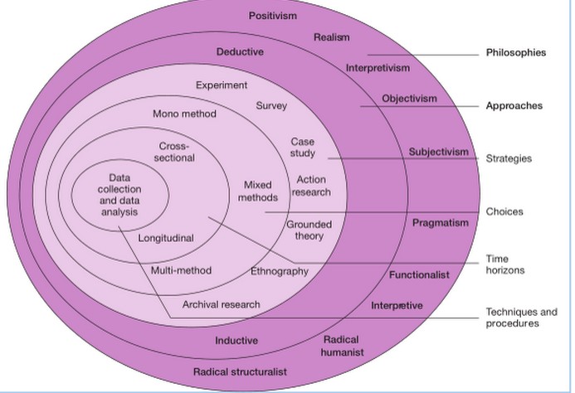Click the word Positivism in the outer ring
click(272, 16)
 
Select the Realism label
click(332, 37)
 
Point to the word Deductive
click(240, 52)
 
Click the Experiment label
click(222, 85)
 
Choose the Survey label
click(271, 106)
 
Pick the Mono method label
click(185, 114)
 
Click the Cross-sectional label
click(176, 152)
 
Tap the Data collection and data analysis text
click(119, 195)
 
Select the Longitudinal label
click(166, 239)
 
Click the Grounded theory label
click(309, 230)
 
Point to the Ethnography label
click(280, 271)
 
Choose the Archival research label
click(221, 304)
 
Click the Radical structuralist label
click(240, 371)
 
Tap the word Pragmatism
click(440, 222)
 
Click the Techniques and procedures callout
click(521, 318)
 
